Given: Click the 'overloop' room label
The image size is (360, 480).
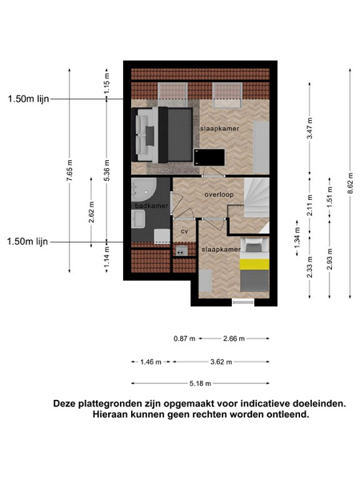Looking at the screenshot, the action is [x=219, y=194].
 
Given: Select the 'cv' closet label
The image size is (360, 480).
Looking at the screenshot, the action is [x=184, y=231].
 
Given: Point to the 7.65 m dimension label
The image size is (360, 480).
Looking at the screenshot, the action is [x=70, y=170].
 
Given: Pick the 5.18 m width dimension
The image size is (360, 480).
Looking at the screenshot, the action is [x=200, y=383].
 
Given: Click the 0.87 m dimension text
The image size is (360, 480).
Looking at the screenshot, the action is [x=184, y=338].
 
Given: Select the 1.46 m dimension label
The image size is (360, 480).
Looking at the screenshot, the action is [x=150, y=362].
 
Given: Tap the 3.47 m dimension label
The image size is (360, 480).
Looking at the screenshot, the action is [x=310, y=128].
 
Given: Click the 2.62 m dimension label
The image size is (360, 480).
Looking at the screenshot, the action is [x=91, y=212].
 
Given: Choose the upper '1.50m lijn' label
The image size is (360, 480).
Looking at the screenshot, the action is [x=29, y=99].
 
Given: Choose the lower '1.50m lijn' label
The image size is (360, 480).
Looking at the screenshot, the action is [x=27, y=242].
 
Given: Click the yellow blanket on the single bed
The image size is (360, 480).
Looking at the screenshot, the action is [x=254, y=264].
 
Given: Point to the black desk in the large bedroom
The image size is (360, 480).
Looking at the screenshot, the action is [x=210, y=158].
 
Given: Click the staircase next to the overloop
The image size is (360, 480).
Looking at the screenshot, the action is [x=257, y=198].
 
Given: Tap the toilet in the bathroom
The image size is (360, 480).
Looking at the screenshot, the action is [x=162, y=236].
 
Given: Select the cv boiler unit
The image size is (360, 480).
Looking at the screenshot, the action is [x=182, y=250].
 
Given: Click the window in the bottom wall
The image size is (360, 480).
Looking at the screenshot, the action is [x=243, y=302].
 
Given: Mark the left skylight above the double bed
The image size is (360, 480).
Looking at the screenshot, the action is [x=173, y=95].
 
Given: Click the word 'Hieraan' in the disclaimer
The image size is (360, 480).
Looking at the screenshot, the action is [x=110, y=414].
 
